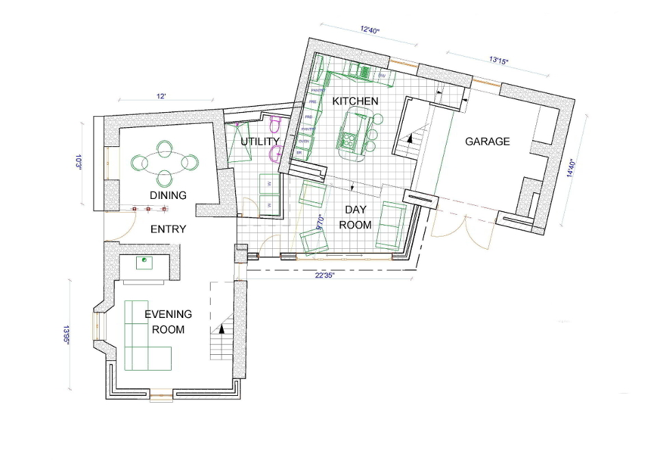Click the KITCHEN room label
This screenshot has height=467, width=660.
[355, 101]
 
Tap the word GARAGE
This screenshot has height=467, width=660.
[488, 142]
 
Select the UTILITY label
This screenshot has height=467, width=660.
[260, 142]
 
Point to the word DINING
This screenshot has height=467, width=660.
[168, 196]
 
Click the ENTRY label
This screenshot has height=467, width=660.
[168, 229]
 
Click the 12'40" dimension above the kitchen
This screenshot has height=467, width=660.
[369, 30]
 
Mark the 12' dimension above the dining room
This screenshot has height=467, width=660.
[161, 97]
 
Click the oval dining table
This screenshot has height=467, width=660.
[163, 163]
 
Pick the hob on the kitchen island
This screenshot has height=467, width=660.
[348, 142]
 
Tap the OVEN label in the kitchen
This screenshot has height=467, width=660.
[304, 142]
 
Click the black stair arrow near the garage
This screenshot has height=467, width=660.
[410, 138]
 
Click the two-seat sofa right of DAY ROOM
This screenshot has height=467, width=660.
[393, 225]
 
